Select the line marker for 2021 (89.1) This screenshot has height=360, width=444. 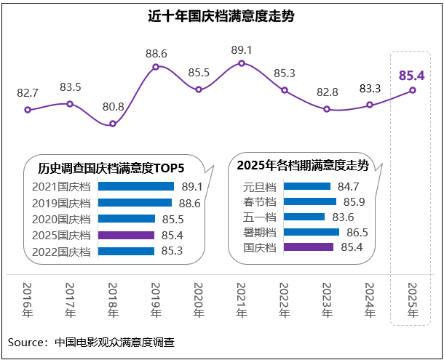[x=242, y=63]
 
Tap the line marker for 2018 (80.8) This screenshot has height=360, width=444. [x=112, y=124]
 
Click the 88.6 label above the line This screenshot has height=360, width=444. [x=156, y=53]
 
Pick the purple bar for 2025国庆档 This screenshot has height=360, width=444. [x=126, y=235]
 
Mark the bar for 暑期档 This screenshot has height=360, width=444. [x=311, y=232]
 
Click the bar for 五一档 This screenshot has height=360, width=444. [x=304, y=217]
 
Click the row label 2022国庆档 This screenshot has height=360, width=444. [x=61, y=252]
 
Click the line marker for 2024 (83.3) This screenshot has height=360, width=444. [x=370, y=105]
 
